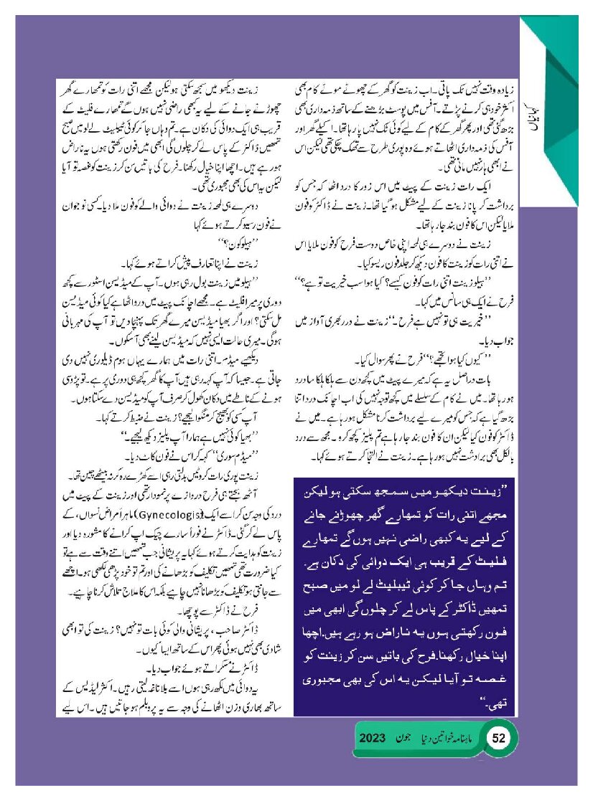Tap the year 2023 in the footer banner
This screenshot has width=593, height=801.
pyautogui.click(x=373, y=739)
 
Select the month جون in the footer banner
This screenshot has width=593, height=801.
pyautogui.click(x=406, y=739)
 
